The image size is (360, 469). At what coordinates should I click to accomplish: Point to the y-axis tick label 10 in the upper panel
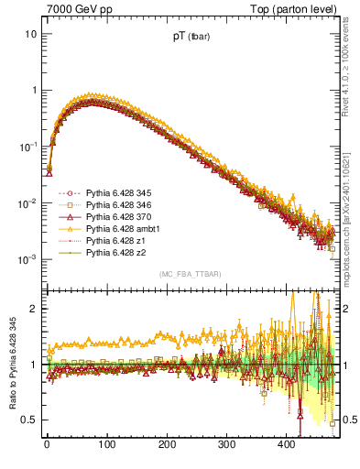[x=29, y=34]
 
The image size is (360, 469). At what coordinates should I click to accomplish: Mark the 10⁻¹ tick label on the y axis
[x=27, y=147]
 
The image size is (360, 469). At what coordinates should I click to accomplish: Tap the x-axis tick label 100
[x=106, y=444]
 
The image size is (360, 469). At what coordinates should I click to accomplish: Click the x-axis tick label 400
[x=286, y=444]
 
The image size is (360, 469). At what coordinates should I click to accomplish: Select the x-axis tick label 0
[x=47, y=444]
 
